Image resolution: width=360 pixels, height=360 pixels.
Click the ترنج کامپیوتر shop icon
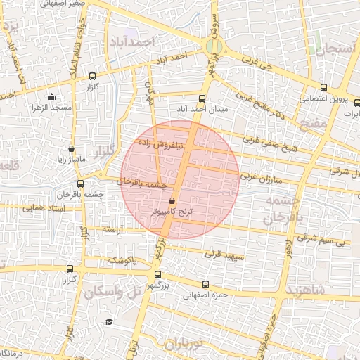pos(172,201)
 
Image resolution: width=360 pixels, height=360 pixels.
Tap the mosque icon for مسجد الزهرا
pos(51,97)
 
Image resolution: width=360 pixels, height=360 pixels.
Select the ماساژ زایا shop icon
pos(72,149)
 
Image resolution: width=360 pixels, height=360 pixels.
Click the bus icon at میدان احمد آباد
pos(202,99)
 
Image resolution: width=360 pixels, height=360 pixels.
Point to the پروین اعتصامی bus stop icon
pos(323,88)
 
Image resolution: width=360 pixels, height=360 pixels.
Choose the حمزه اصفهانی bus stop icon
pos(205,285)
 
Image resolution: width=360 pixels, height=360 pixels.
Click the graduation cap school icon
pos(109,321)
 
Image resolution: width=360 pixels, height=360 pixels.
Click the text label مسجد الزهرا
pos(51,108)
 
